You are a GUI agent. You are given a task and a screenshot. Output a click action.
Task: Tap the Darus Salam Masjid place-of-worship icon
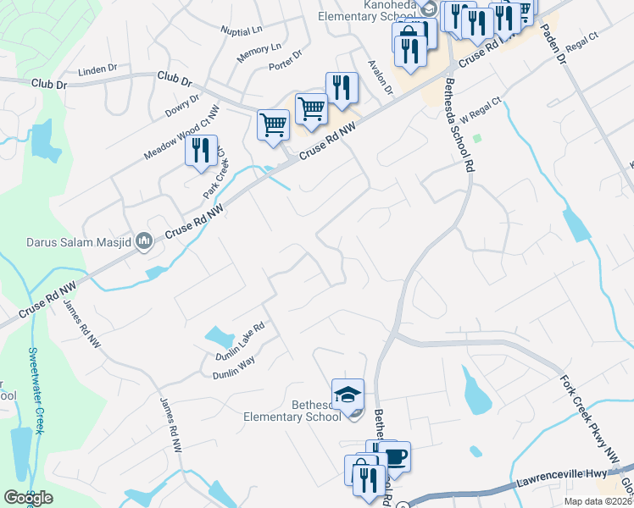[143, 242]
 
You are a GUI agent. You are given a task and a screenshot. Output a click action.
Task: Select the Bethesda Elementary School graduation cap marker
[348, 394]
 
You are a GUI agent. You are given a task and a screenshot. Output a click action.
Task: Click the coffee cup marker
[394, 457]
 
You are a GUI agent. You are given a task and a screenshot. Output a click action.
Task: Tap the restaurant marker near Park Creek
[201, 151]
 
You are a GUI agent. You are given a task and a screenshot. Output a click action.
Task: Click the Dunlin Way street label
[233, 370]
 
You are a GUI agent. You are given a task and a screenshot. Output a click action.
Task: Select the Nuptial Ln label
[242, 30]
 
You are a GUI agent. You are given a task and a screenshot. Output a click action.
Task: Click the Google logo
[28, 497]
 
